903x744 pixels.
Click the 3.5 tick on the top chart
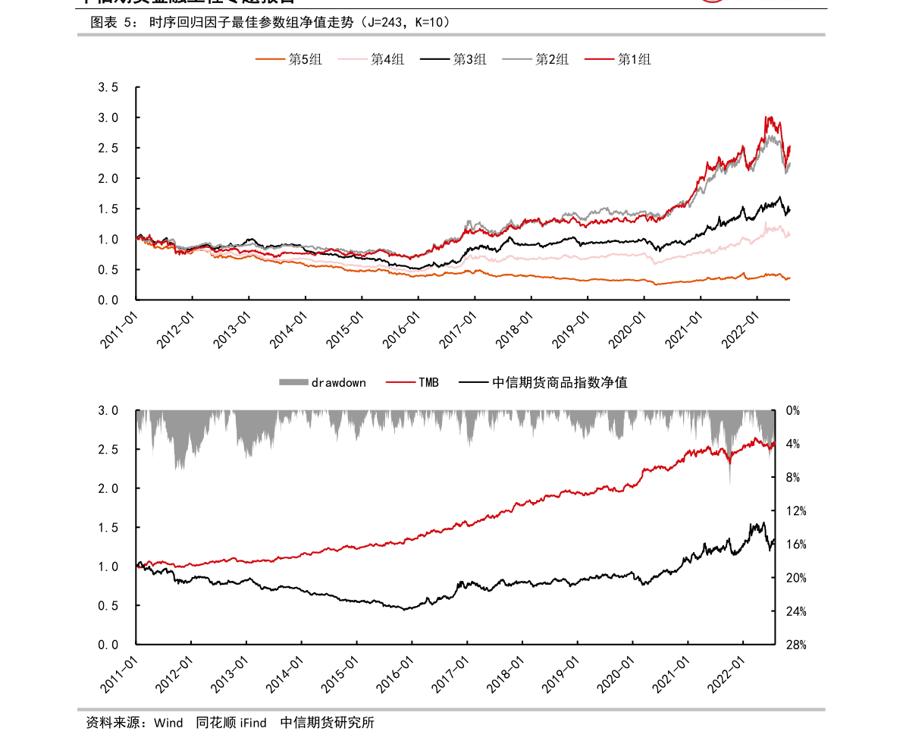click(x=108, y=87)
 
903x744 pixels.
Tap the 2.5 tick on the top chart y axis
click(x=108, y=148)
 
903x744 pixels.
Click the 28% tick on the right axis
click(x=796, y=645)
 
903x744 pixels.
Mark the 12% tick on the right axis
click(x=796, y=511)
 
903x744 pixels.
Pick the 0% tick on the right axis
click(x=793, y=410)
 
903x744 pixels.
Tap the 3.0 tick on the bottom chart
click(x=109, y=410)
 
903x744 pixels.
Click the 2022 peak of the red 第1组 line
click(x=769, y=117)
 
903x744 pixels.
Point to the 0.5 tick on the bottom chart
click(x=109, y=606)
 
